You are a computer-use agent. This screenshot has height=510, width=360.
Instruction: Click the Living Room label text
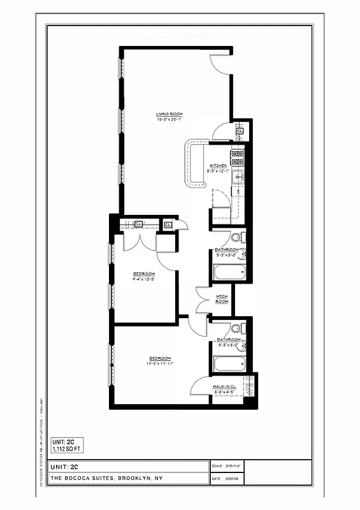[x=169, y=114]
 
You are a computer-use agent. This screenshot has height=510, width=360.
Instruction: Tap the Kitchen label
[x=219, y=166]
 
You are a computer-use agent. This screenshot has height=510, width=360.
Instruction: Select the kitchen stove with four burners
[x=238, y=155]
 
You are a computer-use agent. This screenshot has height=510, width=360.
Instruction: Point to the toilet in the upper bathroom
[x=236, y=238]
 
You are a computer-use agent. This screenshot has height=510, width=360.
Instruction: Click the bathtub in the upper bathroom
[x=228, y=273]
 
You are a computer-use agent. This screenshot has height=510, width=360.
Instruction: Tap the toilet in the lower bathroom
[x=236, y=329]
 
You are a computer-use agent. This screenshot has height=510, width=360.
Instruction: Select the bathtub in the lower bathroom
[x=228, y=365]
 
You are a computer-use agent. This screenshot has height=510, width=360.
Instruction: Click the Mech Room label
[x=221, y=299]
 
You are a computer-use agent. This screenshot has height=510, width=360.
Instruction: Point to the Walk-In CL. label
[x=226, y=386]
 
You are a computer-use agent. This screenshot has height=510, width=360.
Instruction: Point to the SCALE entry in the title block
[x=225, y=467]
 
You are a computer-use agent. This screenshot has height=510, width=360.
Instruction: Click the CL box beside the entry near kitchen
[x=240, y=132]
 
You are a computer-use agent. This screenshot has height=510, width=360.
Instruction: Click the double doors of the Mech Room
[x=205, y=300]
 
